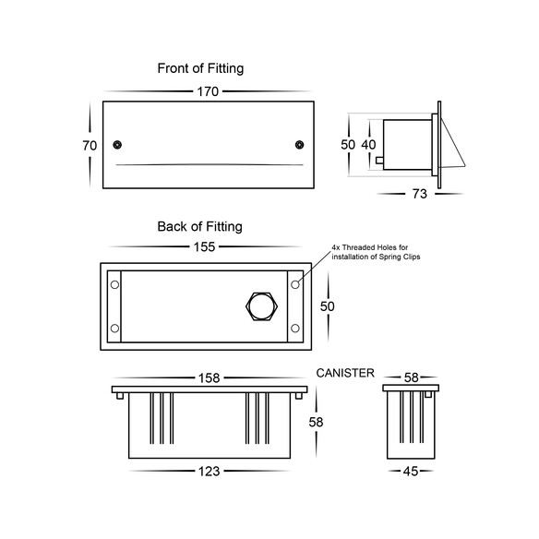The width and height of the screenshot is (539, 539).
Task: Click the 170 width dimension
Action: (x=208, y=91)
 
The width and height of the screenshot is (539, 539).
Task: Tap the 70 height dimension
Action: (x=90, y=146)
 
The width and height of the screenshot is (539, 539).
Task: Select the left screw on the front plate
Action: (x=117, y=145)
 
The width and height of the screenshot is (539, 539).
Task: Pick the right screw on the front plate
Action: (x=299, y=145)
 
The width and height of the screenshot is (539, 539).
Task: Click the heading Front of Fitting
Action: (x=200, y=68)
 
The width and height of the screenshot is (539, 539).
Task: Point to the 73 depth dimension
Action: (x=420, y=194)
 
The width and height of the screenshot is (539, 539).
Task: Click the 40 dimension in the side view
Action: (x=368, y=145)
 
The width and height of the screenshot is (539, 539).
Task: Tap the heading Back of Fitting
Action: (x=199, y=226)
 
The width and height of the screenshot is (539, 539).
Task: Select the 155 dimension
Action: (x=204, y=246)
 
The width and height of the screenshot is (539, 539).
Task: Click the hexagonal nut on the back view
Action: (x=262, y=306)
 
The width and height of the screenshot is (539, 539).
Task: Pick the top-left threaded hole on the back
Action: (x=114, y=284)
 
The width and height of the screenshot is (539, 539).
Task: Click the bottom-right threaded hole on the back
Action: (x=295, y=329)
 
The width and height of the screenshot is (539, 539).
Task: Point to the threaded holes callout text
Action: (x=376, y=252)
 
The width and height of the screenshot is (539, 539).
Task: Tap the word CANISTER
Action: (x=345, y=373)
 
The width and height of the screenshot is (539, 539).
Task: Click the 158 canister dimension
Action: (x=209, y=378)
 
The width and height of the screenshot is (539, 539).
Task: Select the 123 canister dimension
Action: (x=209, y=472)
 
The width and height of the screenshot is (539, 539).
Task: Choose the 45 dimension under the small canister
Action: (x=411, y=472)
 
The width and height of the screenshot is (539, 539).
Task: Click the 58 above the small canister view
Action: (x=411, y=377)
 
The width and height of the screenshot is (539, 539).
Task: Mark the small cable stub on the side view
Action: (x=379, y=161)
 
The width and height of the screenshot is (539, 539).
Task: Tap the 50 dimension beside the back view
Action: (x=328, y=306)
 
